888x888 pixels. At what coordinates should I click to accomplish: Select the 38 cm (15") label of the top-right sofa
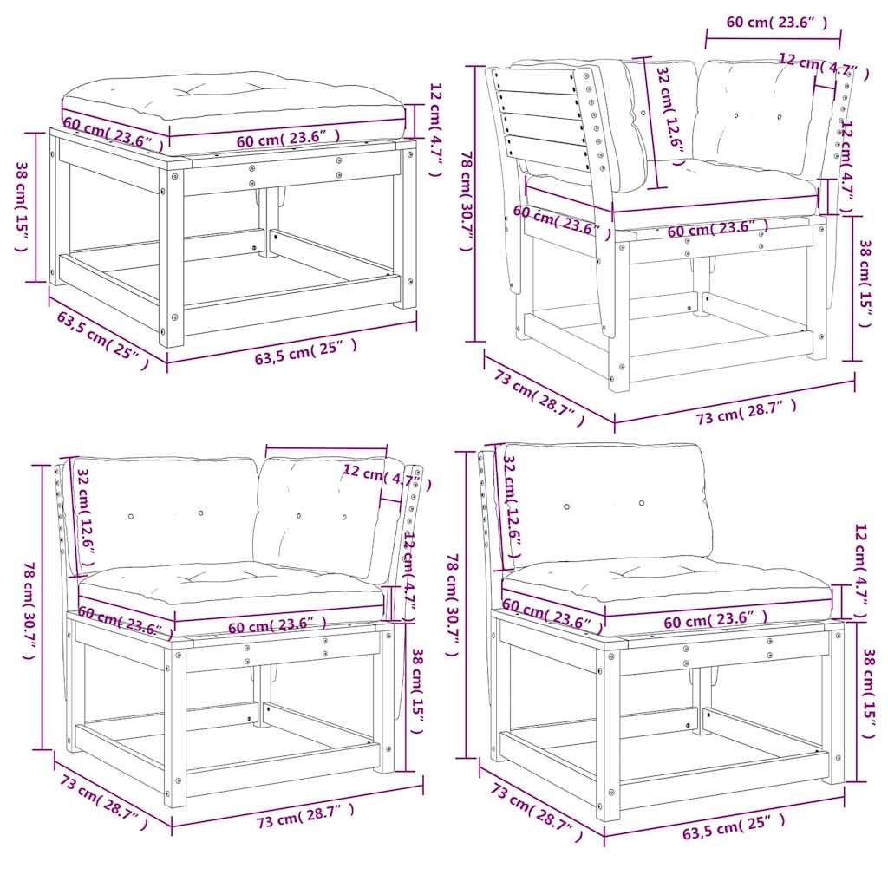tap(864, 284)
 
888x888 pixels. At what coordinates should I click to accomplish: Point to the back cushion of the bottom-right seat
tap(607, 503)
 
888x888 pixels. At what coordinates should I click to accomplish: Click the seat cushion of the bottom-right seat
tap(668, 581)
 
